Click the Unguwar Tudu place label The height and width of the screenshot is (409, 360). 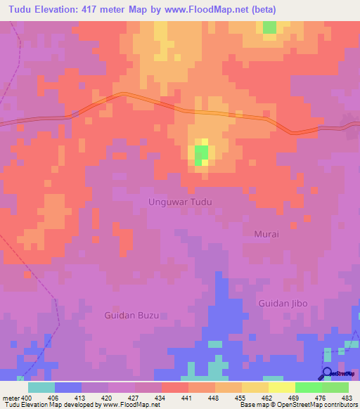180,202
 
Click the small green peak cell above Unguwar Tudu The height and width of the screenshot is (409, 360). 201,155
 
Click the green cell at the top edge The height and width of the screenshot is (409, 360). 269,27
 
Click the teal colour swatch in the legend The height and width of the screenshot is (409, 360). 41,387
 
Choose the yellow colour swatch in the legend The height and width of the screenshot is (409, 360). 281,387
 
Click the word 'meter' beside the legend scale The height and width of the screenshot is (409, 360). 11,397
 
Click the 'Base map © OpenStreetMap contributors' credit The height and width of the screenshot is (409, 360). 298,405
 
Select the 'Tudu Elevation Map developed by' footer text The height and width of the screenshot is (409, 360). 46,405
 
